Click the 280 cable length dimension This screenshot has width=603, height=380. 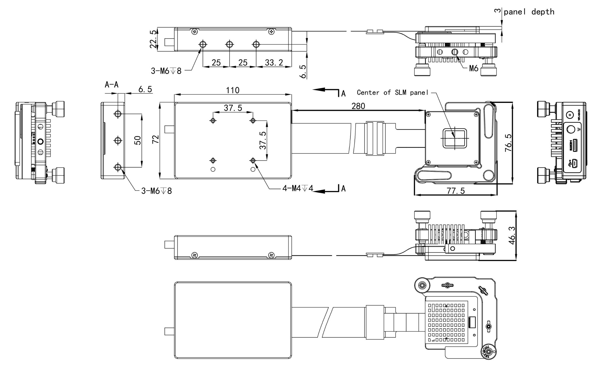click(358, 106)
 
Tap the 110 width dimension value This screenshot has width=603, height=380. click(233, 90)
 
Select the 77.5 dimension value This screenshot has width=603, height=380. click(456, 191)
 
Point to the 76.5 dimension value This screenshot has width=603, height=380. click(508, 143)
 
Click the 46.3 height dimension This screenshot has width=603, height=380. click(512, 235)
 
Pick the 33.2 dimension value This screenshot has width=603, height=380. click(274, 63)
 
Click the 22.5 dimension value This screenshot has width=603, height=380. click(153, 39)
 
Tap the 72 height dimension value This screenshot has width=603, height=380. click(155, 139)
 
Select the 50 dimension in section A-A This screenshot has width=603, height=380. click(138, 140)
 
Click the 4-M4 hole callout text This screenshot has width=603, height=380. click(298, 188)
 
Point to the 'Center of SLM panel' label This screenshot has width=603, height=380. click(392, 93)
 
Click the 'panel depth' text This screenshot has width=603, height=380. click(529, 12)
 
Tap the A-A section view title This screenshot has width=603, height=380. click(111, 85)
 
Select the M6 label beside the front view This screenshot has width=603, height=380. click(473, 68)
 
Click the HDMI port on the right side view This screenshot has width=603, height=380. click(575, 145)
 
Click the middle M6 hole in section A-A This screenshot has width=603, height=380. click(118, 141)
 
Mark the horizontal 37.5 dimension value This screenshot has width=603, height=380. click(233, 108)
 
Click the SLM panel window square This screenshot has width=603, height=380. click(455, 138)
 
